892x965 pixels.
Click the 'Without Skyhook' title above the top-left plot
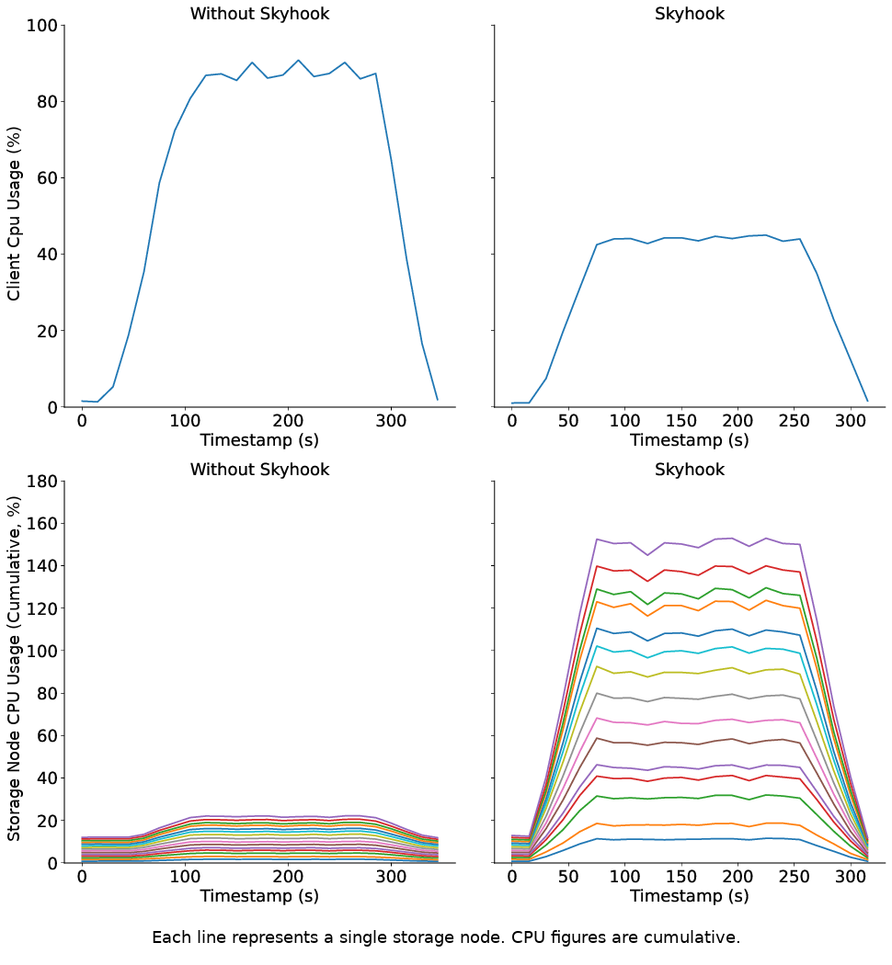pos(259,14)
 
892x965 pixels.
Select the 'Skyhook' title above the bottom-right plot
pos(689,470)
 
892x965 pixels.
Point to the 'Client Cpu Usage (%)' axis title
pos(14,216)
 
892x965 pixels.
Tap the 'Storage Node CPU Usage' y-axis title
pos(14,672)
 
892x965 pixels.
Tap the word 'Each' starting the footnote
pos(169,937)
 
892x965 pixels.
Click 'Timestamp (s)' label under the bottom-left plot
pos(259,896)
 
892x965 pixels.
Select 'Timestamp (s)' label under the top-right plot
pos(689,440)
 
